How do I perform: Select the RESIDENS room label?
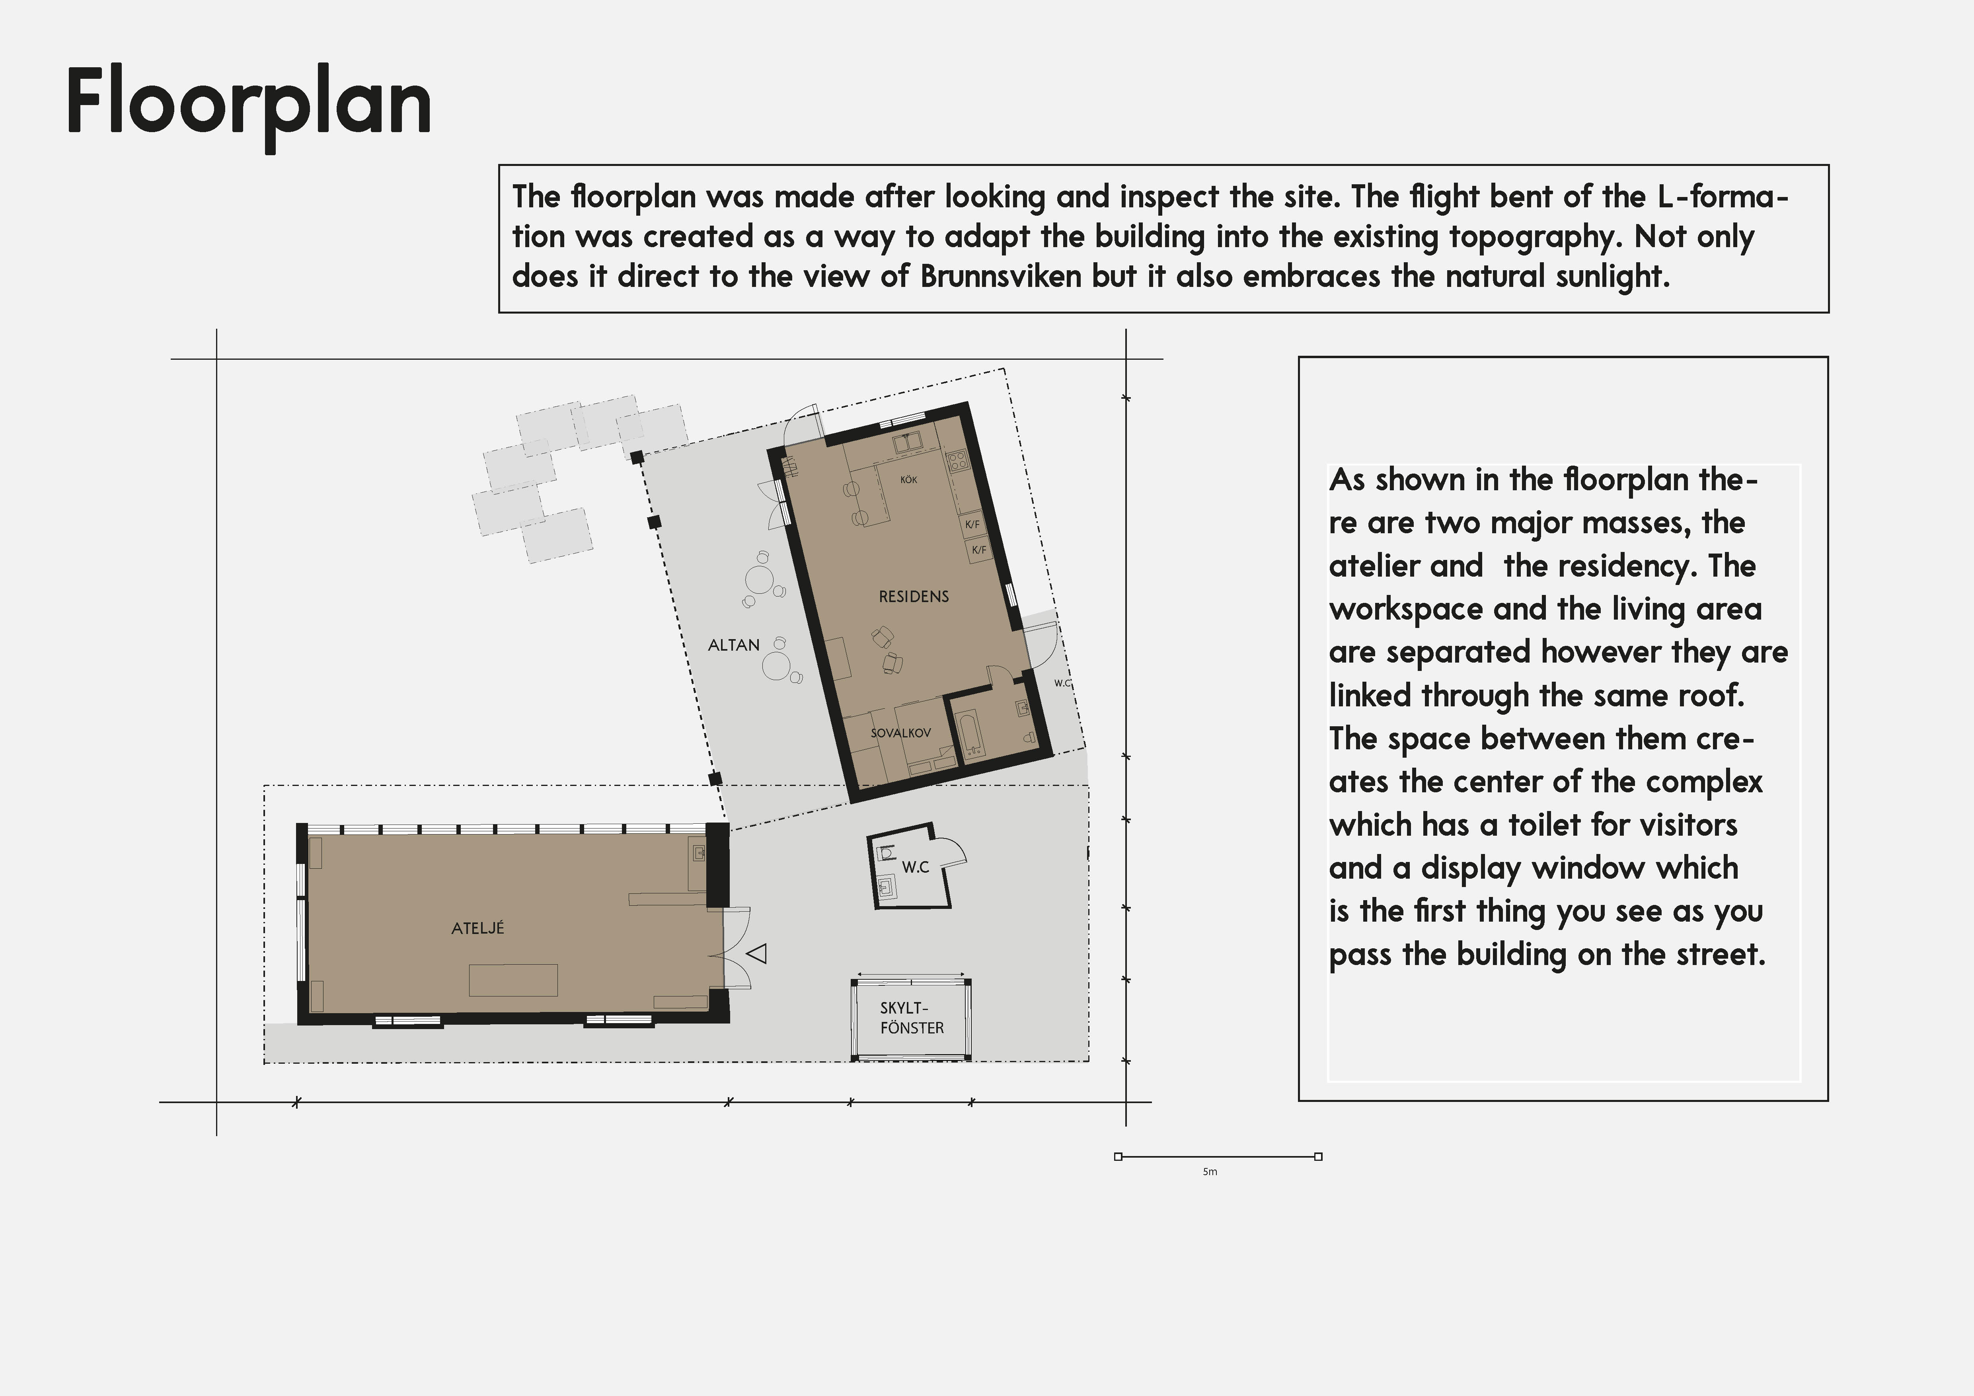click(x=914, y=597)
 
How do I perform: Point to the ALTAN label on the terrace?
click(x=733, y=645)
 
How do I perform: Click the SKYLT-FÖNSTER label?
click(x=911, y=1018)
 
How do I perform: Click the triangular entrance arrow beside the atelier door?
click(x=756, y=953)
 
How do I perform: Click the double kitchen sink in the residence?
click(x=907, y=443)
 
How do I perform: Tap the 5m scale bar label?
click(x=1210, y=1172)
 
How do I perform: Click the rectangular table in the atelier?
click(x=513, y=980)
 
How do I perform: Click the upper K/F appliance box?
click(x=972, y=524)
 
